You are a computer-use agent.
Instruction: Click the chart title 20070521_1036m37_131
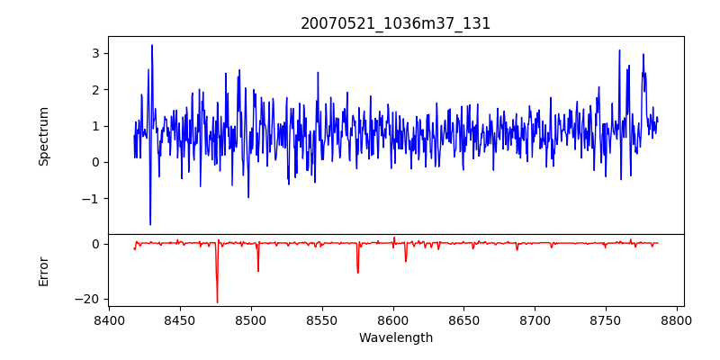click(396, 24)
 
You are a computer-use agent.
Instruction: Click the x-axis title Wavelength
click(396, 338)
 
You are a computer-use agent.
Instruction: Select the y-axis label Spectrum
click(44, 136)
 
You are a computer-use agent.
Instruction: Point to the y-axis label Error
click(44, 271)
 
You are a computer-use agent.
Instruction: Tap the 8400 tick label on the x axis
click(109, 319)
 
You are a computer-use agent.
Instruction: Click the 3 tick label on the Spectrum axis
click(94, 53)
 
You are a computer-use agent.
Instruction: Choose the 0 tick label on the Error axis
click(94, 244)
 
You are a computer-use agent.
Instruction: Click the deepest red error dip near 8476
click(217, 301)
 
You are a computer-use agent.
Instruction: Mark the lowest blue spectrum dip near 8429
click(150, 224)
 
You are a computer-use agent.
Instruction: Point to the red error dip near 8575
click(357, 272)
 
